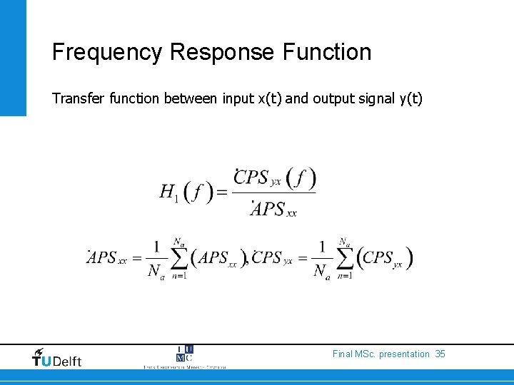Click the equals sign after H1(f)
pyautogui.click(x=222, y=192)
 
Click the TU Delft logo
pyautogui.click(x=57, y=358)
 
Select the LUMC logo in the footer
pyautogui.click(x=184, y=356)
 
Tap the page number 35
pyautogui.click(x=440, y=354)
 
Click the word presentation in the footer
pyautogui.click(x=405, y=354)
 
